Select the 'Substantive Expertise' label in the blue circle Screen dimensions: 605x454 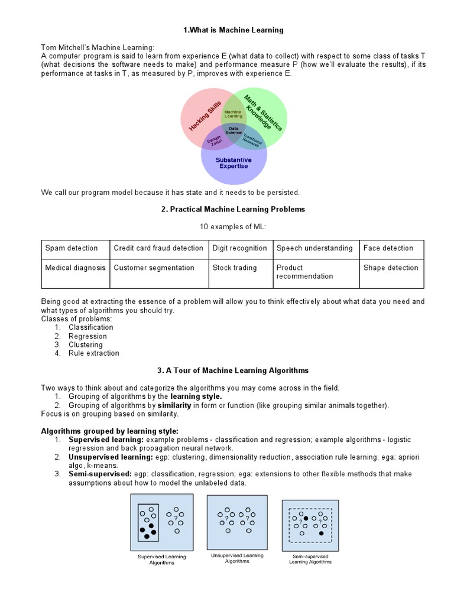click(x=234, y=163)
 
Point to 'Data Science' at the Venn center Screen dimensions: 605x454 click(x=234, y=131)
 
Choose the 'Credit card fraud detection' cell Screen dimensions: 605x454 click(x=158, y=248)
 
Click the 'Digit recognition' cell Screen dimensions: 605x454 click(x=239, y=248)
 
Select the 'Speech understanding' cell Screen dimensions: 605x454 click(x=314, y=248)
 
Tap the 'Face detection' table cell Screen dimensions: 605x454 click(x=388, y=248)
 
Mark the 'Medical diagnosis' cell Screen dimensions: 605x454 click(x=75, y=268)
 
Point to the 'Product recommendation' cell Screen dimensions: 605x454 click(x=304, y=272)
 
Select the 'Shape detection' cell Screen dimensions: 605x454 click(x=391, y=268)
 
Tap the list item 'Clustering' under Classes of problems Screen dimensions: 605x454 click(x=85, y=344)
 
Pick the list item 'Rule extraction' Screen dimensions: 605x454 click(x=93, y=353)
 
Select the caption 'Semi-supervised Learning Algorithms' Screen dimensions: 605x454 click(x=310, y=559)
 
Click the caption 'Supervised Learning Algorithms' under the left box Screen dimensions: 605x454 click(x=161, y=560)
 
